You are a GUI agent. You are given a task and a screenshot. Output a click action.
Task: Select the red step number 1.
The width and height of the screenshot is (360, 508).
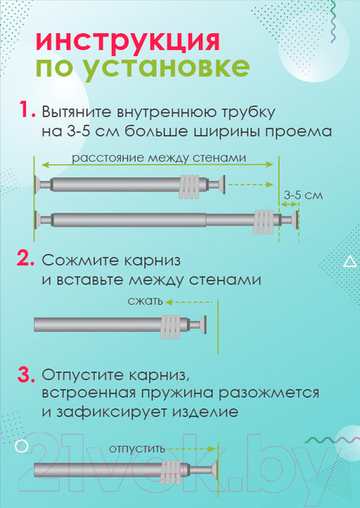point(26,109)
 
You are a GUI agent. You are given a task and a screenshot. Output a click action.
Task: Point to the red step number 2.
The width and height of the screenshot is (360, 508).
point(25,258)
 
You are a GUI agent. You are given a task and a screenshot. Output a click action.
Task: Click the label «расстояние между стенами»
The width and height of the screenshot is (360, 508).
point(158,158)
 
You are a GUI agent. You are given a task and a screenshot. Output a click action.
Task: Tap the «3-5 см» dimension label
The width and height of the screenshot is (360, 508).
point(303,196)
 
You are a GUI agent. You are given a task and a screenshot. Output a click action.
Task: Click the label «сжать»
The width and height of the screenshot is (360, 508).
point(145,301)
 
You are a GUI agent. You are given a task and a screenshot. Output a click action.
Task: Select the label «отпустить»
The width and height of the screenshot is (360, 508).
point(137,450)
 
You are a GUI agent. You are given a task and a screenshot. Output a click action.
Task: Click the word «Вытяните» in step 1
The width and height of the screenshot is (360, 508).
point(76,112)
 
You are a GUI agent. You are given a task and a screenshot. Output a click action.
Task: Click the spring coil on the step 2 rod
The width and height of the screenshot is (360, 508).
point(171,325)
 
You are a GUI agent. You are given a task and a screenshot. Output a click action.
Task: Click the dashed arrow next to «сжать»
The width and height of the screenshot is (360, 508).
point(189,302)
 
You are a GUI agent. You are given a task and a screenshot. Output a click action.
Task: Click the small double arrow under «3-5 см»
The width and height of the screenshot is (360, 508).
point(289,204)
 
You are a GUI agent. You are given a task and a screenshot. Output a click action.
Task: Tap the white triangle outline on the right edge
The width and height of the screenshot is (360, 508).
point(350,262)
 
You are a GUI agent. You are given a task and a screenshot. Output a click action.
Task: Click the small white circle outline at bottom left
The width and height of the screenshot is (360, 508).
point(22,447)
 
